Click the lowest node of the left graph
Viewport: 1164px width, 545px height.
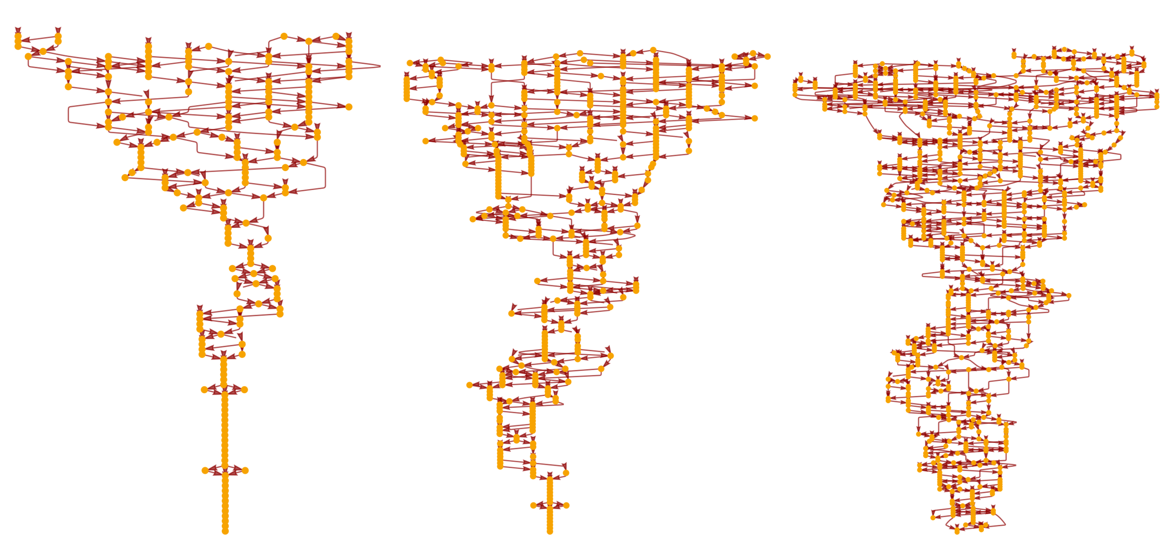[225, 531]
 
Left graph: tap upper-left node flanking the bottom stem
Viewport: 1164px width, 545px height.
[204, 389]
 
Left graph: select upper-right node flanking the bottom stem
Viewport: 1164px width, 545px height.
[244, 389]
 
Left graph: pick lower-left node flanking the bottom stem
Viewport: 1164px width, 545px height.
[205, 470]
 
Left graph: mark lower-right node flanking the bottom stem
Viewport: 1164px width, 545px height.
[245, 470]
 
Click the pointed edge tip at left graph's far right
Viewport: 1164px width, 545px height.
[380, 66]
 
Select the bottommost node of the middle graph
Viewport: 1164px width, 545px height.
[549, 532]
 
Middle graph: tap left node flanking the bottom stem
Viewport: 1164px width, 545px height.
[533, 505]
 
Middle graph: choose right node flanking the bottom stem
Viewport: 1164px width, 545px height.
[566, 505]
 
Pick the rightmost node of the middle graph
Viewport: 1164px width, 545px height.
[767, 56]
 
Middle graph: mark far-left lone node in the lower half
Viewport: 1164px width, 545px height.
[469, 385]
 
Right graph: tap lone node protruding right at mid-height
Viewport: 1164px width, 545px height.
[1069, 296]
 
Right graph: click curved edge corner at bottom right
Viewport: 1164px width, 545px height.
[1005, 524]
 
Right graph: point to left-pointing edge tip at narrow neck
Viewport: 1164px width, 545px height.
[923, 274]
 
